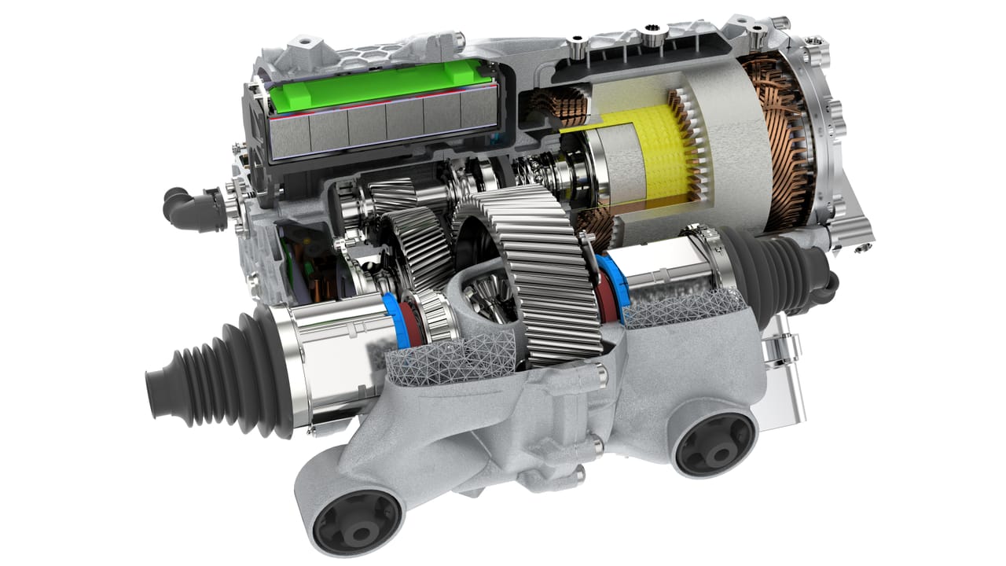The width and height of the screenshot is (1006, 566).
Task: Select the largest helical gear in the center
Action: click(542, 275)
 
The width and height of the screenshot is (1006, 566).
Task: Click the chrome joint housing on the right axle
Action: click(676, 271)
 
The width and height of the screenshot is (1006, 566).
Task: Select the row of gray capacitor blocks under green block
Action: click(385, 126)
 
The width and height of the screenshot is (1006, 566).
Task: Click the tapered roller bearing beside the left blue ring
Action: click(428, 318)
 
